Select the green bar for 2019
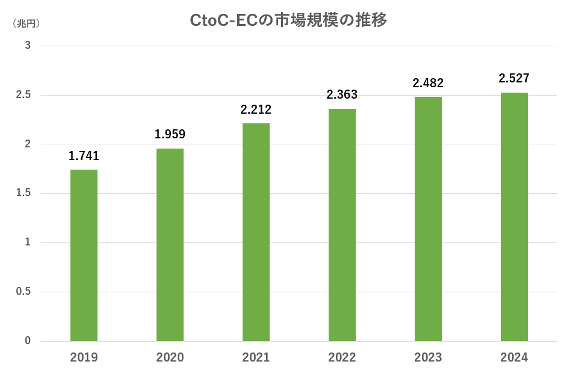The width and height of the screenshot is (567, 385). click(x=84, y=256)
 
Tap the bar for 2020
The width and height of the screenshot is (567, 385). click(x=170, y=245)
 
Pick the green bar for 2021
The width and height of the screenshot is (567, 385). click(x=256, y=232)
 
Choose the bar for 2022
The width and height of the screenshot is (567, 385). click(x=342, y=225)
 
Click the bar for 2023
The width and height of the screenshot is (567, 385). click(x=428, y=219)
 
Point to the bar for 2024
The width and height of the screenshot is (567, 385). click(x=514, y=217)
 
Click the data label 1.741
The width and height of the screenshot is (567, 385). click(x=84, y=156)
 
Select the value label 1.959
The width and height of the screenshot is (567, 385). click(x=170, y=135)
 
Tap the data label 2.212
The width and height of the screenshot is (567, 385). click(x=256, y=110)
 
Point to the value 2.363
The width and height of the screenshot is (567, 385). click(x=342, y=95)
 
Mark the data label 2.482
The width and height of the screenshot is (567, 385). click(x=428, y=84)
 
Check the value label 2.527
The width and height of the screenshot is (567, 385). click(x=514, y=79)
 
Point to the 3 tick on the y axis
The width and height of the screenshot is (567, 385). click(x=28, y=46)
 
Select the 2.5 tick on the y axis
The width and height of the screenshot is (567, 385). click(x=24, y=95)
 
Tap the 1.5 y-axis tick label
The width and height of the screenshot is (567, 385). click(x=24, y=193)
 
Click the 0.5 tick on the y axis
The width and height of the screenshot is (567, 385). click(x=24, y=292)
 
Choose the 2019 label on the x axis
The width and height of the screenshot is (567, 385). click(x=84, y=358)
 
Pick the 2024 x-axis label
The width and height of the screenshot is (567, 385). click(x=514, y=358)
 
